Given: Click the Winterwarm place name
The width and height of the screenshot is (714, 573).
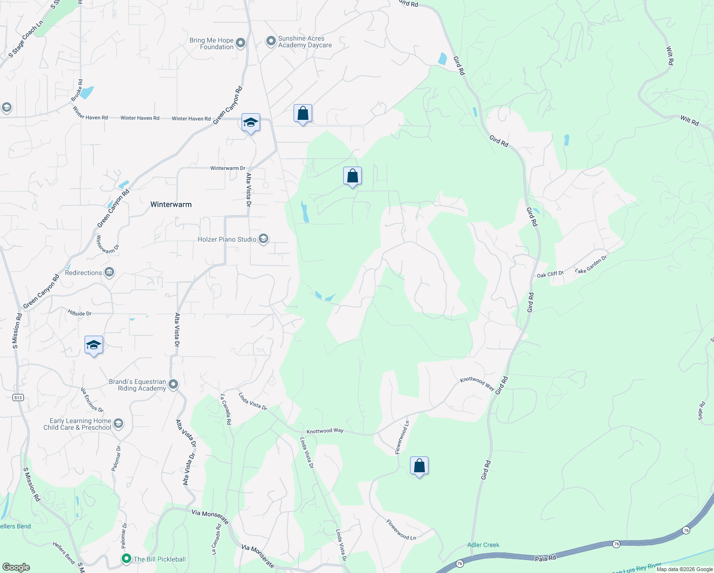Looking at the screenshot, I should click(x=171, y=204).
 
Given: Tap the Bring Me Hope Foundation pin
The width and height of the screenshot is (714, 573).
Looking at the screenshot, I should click(x=241, y=43).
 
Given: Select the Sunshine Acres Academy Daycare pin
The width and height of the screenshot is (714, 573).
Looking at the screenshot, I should click(x=271, y=42).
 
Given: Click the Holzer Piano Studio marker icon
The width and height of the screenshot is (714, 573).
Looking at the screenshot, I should click(x=263, y=239).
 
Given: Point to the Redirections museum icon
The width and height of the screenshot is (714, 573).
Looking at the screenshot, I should click(x=109, y=273).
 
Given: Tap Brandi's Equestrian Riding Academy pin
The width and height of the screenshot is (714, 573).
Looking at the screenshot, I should click(x=173, y=384).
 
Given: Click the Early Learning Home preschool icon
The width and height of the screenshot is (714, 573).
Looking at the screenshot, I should click(x=118, y=424).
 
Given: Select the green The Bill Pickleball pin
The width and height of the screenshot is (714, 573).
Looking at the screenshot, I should click(x=126, y=559).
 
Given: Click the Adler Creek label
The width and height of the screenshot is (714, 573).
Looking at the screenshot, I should click(x=483, y=545).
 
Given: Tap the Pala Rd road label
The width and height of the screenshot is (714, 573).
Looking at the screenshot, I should click(x=545, y=558).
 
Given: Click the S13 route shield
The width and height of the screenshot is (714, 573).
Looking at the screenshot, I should click(x=18, y=397).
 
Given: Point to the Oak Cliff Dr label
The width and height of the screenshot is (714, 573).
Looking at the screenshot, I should click(x=550, y=274).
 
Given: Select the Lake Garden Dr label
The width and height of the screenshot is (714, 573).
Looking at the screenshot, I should click(x=590, y=264).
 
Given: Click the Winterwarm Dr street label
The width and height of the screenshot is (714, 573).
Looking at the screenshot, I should click(x=228, y=168).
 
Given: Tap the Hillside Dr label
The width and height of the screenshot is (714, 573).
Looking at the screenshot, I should click(x=79, y=313).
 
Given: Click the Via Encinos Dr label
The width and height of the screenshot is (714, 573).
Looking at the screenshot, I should click(x=92, y=400).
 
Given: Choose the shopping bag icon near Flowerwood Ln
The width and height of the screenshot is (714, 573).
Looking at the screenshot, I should click(x=419, y=466).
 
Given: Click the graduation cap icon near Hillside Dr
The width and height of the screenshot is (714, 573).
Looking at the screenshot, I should click(x=94, y=345).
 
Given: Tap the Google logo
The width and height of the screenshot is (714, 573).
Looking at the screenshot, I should click(x=16, y=567).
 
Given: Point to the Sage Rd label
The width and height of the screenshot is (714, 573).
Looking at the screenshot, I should click(x=701, y=411).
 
